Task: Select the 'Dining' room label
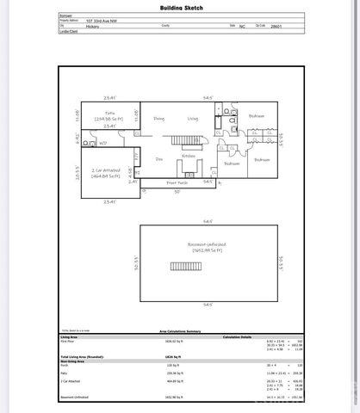coord(158,119)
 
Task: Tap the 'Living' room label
coord(193,119)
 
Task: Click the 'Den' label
coord(158,159)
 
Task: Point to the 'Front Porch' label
coord(177,183)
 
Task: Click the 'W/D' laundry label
coord(103,144)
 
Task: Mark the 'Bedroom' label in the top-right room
coord(257,115)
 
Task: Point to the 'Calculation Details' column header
coord(240,336)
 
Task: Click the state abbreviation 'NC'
coord(244,26)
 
